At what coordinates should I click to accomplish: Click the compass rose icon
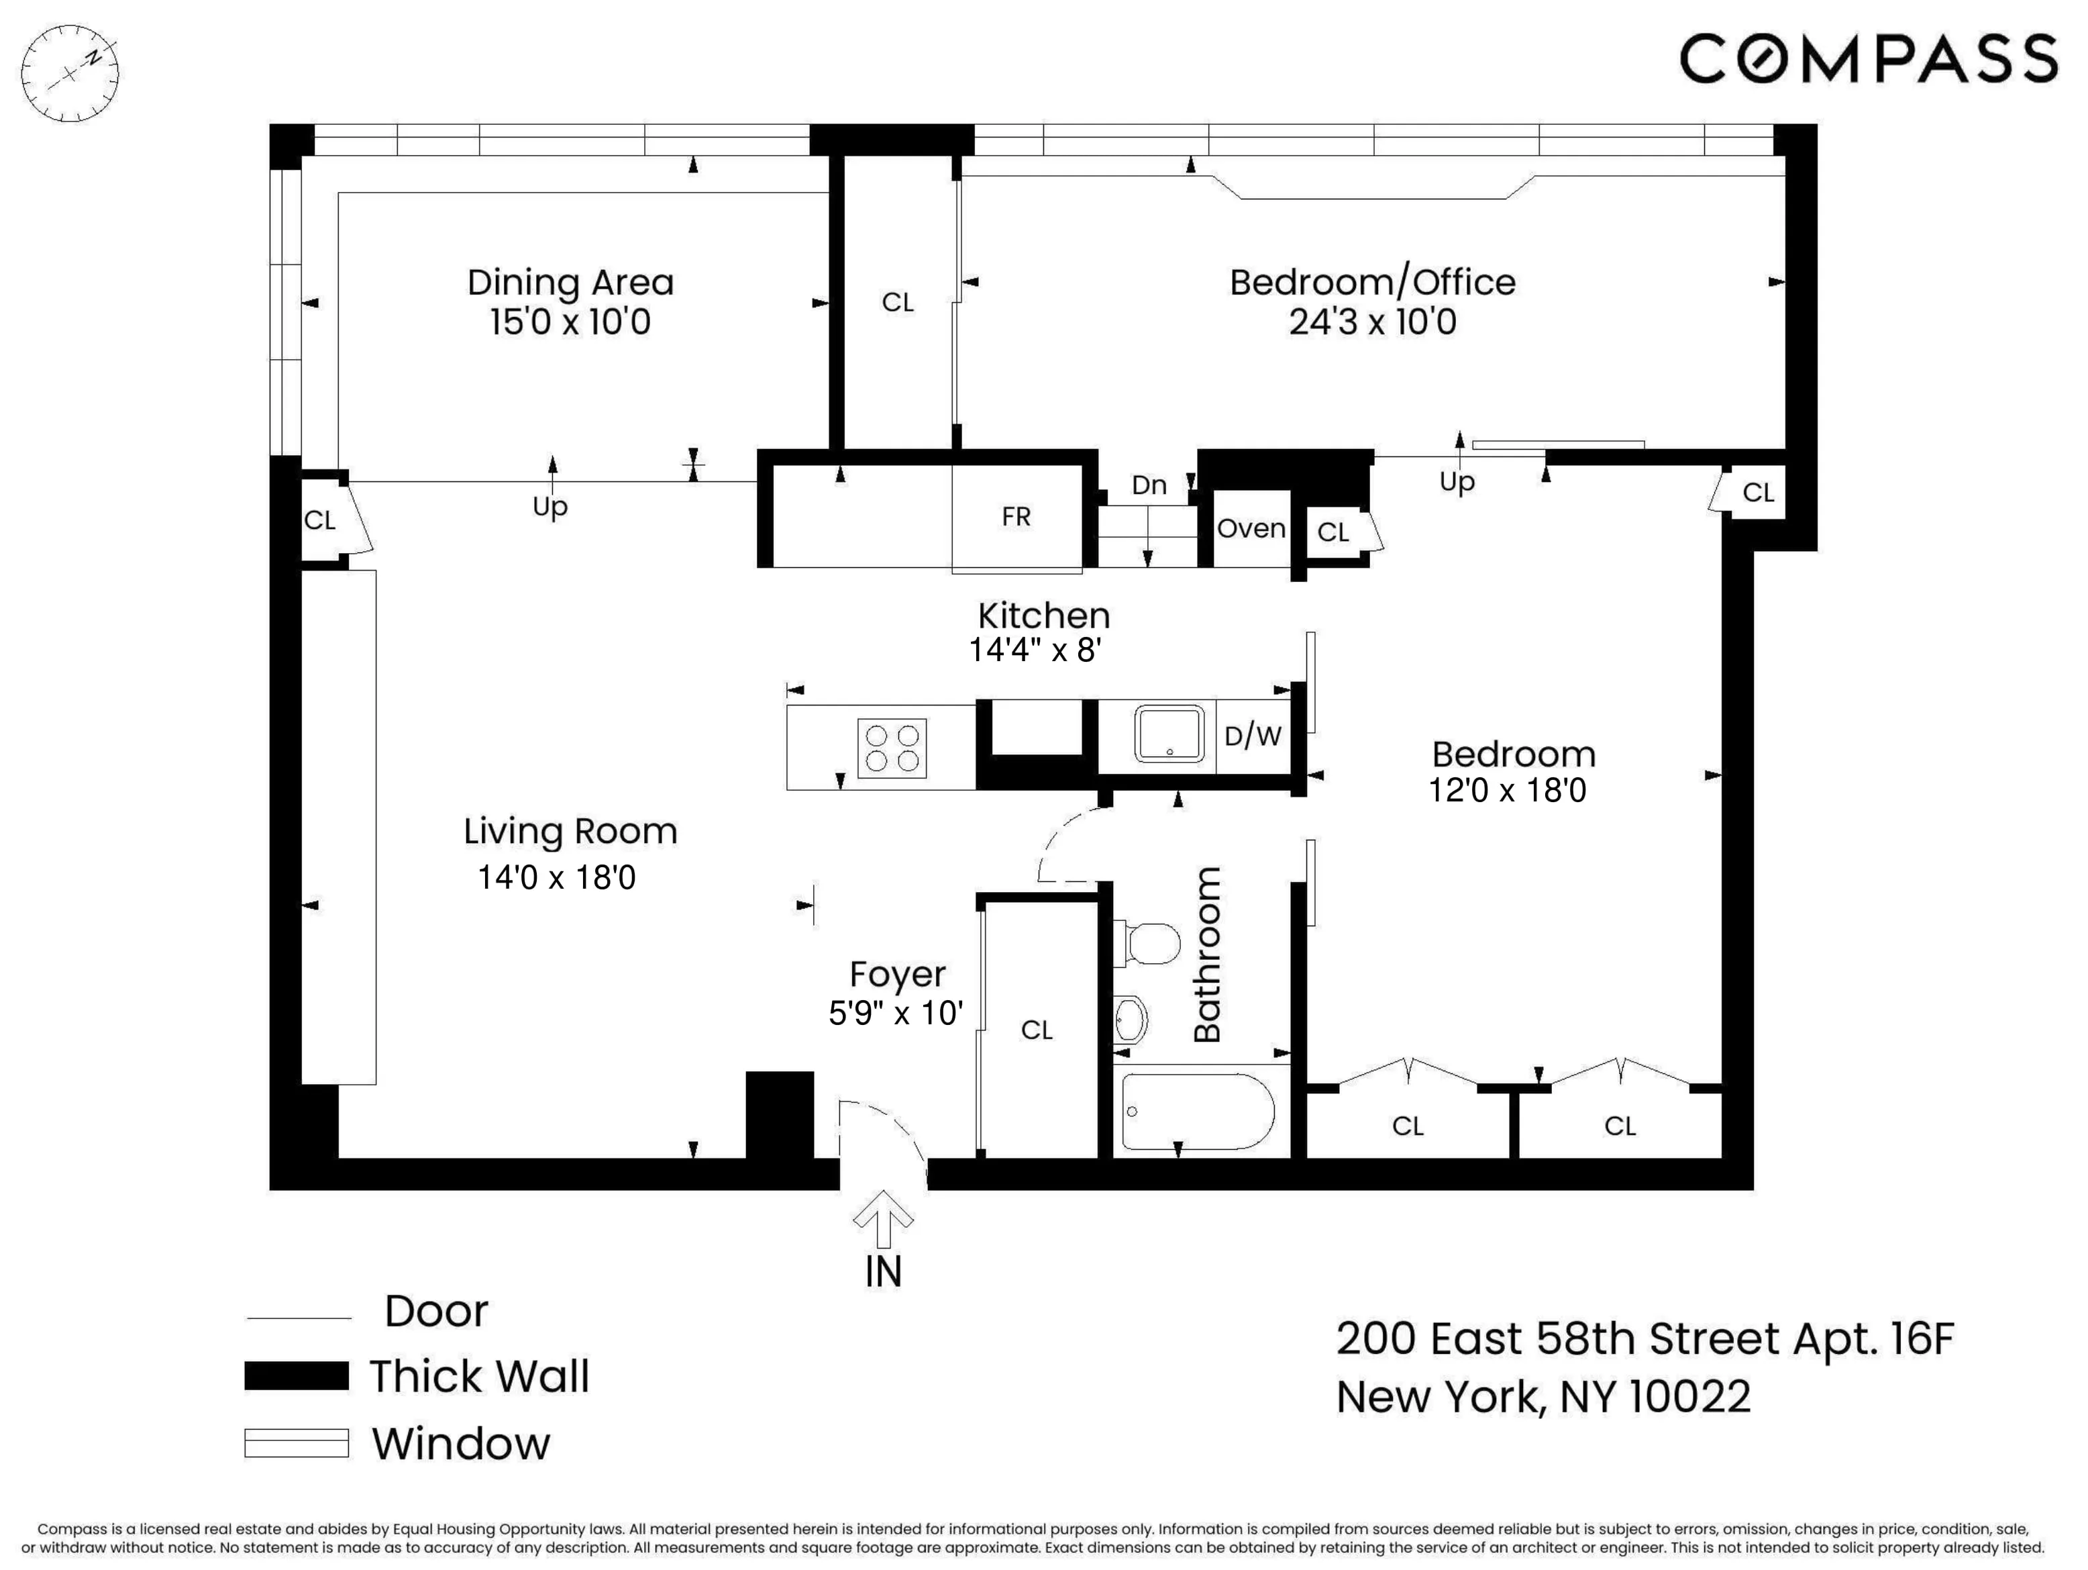[x=70, y=72]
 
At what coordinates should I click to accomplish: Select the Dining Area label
[x=570, y=283]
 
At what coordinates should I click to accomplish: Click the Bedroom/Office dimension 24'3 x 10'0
[x=1373, y=323]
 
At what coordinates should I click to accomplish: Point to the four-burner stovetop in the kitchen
[x=892, y=748]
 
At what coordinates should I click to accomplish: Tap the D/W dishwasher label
[x=1253, y=736]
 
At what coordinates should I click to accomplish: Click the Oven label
[x=1251, y=529]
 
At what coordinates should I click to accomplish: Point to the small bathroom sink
[x=1130, y=1020]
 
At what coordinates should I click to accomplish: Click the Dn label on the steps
[x=1149, y=485]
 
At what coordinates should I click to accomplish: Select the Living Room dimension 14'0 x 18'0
[x=557, y=878]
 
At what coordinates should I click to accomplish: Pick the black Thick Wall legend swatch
[x=297, y=1375]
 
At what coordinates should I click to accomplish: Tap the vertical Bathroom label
[x=1207, y=954]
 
